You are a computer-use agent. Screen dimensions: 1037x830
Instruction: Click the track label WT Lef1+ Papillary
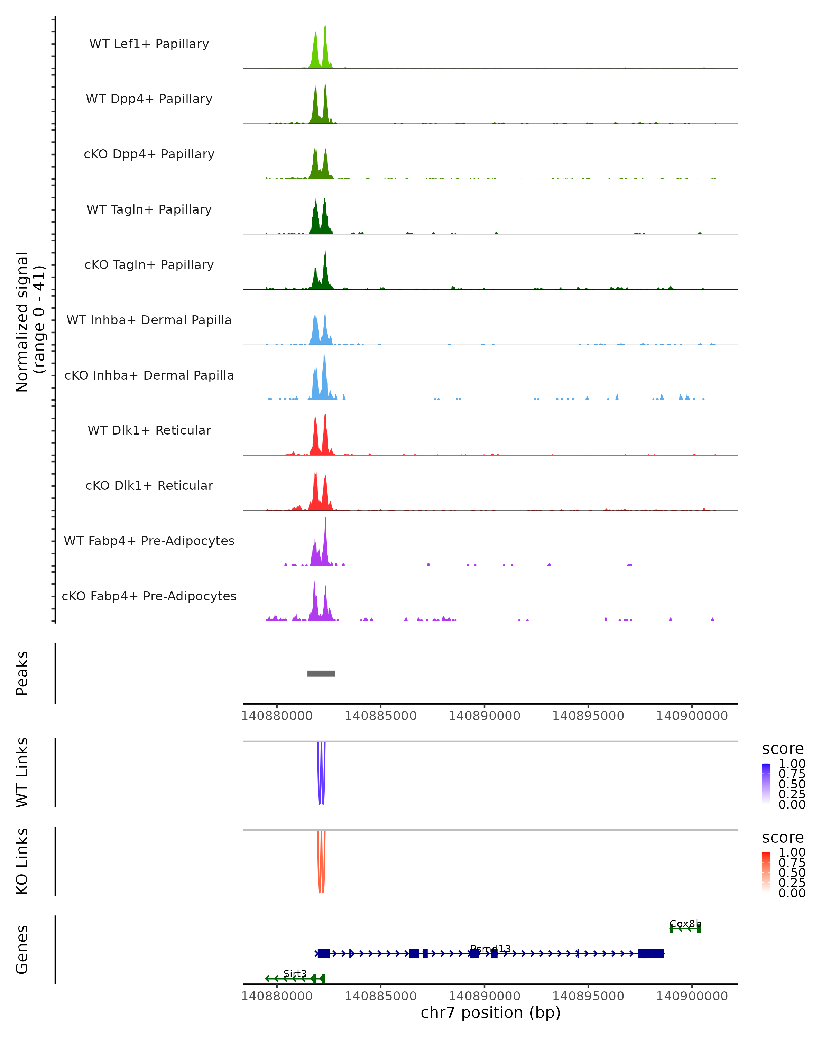point(149,44)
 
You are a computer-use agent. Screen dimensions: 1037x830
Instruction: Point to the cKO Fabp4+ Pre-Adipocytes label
point(149,596)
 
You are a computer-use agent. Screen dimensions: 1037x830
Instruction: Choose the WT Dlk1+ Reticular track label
point(149,430)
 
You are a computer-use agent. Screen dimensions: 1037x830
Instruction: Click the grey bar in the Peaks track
point(321,673)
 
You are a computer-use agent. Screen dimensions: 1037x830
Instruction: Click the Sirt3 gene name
point(295,973)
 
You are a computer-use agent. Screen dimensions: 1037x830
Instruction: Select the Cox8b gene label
point(685,924)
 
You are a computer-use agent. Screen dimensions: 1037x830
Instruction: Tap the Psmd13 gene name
point(490,949)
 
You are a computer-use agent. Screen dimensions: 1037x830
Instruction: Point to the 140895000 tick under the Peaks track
point(588,716)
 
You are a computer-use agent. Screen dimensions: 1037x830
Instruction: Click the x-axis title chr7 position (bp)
point(490,1012)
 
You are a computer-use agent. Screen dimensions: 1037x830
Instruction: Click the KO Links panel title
point(22,861)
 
